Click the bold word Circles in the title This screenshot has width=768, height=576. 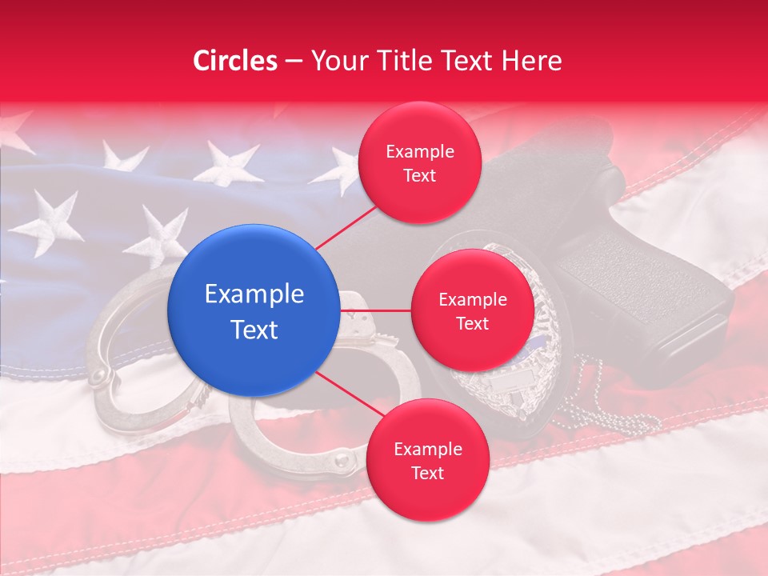(235, 61)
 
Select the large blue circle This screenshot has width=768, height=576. (254, 310)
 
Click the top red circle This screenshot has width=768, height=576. (420, 163)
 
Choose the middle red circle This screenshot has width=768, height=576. (472, 310)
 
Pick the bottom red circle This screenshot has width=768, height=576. (427, 460)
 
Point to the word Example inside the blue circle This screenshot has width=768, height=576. (254, 294)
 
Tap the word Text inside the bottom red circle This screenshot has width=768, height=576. (427, 473)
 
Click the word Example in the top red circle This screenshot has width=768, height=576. (420, 151)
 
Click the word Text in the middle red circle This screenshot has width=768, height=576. (472, 323)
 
